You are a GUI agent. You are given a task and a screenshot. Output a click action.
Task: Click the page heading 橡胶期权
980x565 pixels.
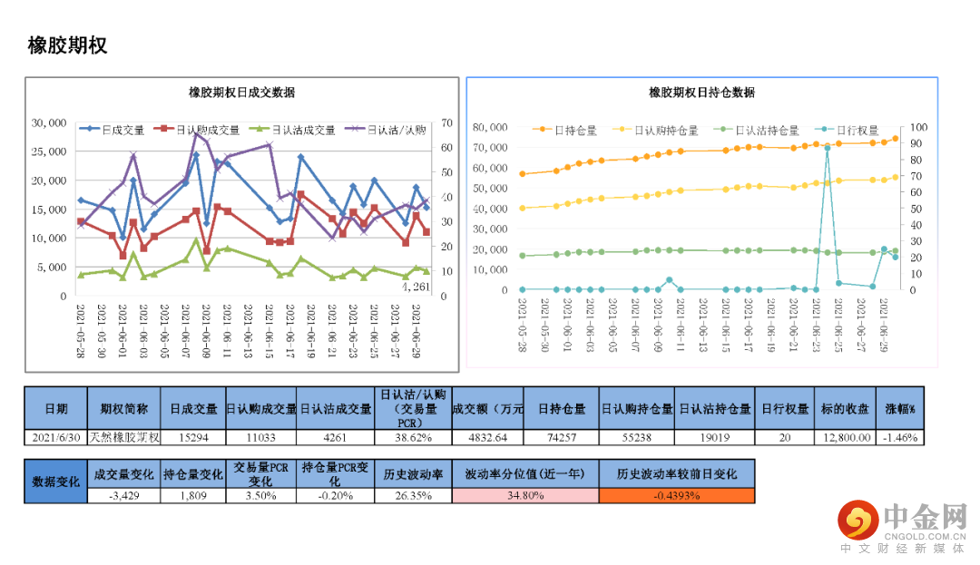(67, 45)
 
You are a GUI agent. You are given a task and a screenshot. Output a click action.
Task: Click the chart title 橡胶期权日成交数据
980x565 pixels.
(241, 93)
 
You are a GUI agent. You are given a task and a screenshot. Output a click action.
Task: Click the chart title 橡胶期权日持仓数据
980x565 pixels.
(701, 93)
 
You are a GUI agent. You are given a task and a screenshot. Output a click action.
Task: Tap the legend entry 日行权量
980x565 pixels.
(857, 131)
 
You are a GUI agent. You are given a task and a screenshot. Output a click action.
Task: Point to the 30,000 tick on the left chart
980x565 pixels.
(49, 122)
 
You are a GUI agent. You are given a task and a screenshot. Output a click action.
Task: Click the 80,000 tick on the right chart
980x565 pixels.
(491, 127)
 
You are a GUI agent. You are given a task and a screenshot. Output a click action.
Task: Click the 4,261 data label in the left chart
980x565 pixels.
(416, 287)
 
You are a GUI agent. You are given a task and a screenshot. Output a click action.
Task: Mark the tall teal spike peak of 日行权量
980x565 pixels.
(827, 147)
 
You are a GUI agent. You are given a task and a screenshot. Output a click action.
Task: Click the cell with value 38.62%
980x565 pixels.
(413, 437)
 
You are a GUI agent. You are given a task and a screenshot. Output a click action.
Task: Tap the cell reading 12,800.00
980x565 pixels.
(848, 437)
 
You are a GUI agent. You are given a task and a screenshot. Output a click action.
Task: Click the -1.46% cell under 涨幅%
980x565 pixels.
(900, 437)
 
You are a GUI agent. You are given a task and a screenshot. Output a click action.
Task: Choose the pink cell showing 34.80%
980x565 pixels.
(525, 495)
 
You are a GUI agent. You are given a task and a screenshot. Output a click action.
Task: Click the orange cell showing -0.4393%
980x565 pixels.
(676, 495)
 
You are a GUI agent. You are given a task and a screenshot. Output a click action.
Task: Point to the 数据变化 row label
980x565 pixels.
(56, 482)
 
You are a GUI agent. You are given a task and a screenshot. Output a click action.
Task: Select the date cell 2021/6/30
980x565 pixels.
(56, 437)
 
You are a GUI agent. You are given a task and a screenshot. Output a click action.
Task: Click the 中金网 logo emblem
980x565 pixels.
(857, 521)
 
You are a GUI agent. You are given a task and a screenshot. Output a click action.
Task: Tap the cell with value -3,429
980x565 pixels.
(123, 495)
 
